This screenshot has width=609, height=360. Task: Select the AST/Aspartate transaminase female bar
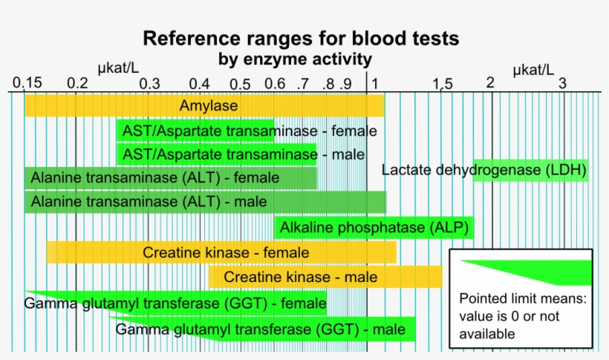[x=195, y=131]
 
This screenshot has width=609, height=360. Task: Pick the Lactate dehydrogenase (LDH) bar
[x=531, y=170]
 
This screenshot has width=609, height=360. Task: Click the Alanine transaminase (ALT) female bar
[x=171, y=178]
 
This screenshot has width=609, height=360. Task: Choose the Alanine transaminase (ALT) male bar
[x=205, y=201]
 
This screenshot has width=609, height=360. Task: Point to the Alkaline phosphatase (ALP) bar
[x=374, y=227]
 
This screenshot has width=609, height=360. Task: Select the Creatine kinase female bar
[x=221, y=252]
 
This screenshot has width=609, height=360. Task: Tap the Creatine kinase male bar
[x=325, y=277]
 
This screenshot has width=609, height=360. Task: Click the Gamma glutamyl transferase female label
[x=175, y=303]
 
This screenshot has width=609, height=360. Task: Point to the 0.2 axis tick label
[x=76, y=83]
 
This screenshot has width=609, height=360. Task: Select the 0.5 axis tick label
[x=240, y=84]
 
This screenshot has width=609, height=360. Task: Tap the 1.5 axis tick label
[x=443, y=84]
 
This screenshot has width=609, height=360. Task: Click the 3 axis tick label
[x=562, y=83]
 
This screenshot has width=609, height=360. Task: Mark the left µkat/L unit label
[x=118, y=69]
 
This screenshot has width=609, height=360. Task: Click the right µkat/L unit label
[x=533, y=70]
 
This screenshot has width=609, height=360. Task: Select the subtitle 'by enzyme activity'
[x=295, y=58]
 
